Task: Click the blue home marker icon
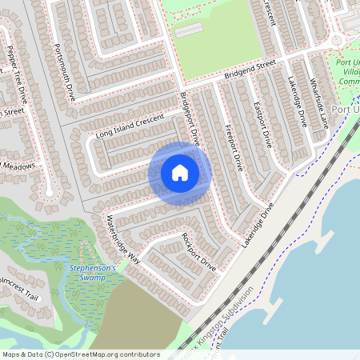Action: [180, 173]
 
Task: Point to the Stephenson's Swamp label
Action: [93, 273]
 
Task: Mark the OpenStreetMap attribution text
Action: [80, 354]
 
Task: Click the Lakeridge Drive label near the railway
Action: [258, 223]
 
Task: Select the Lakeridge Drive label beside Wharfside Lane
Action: [297, 102]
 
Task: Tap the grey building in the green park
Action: [189, 30]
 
